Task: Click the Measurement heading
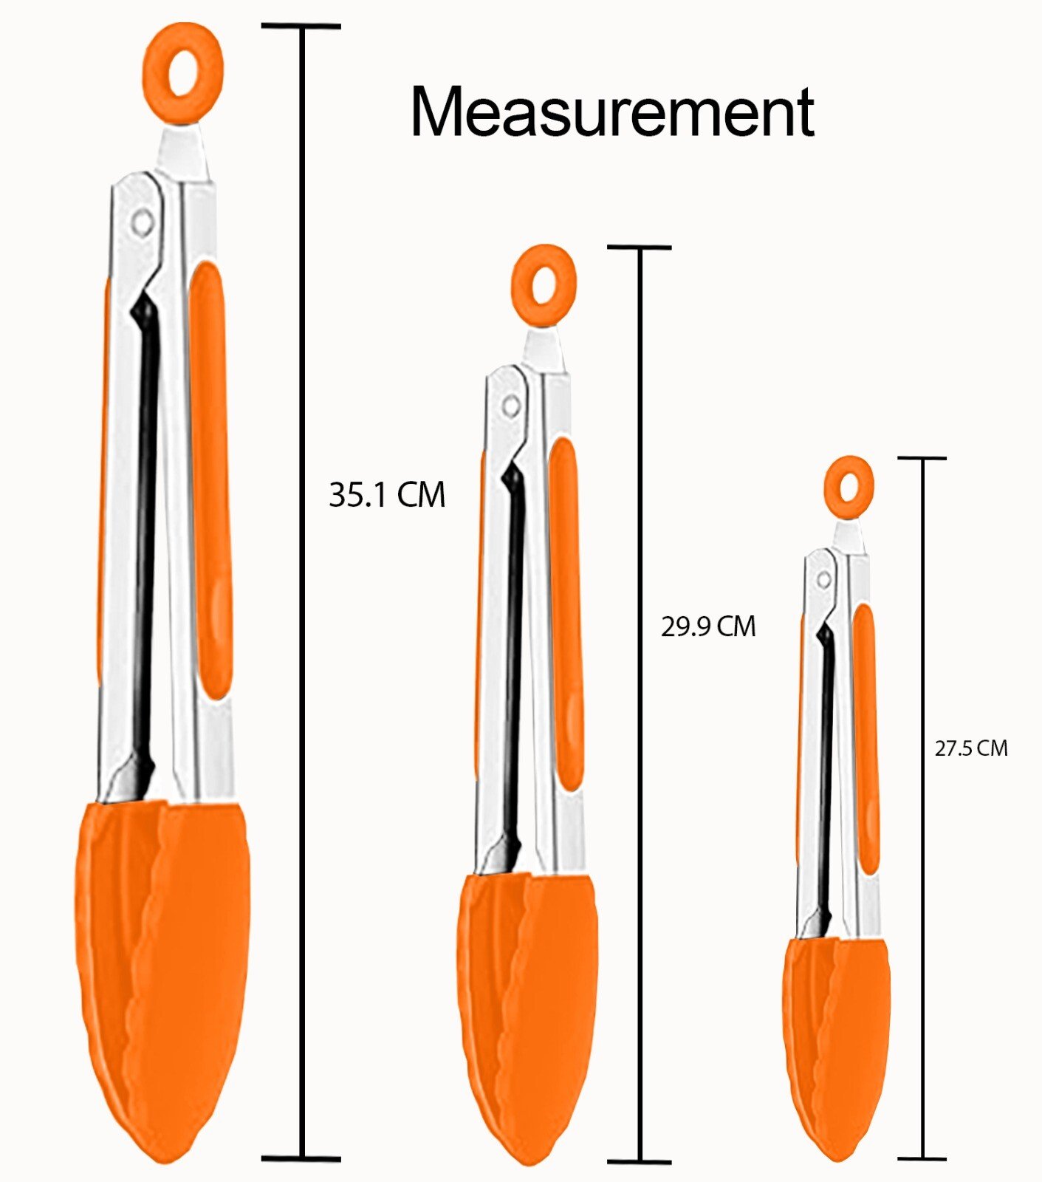pyautogui.click(x=612, y=112)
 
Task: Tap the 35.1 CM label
pyautogui.click(x=387, y=494)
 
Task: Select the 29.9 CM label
pyautogui.click(x=708, y=626)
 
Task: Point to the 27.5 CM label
pyautogui.click(x=971, y=748)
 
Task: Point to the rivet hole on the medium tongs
pyautogui.click(x=510, y=405)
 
